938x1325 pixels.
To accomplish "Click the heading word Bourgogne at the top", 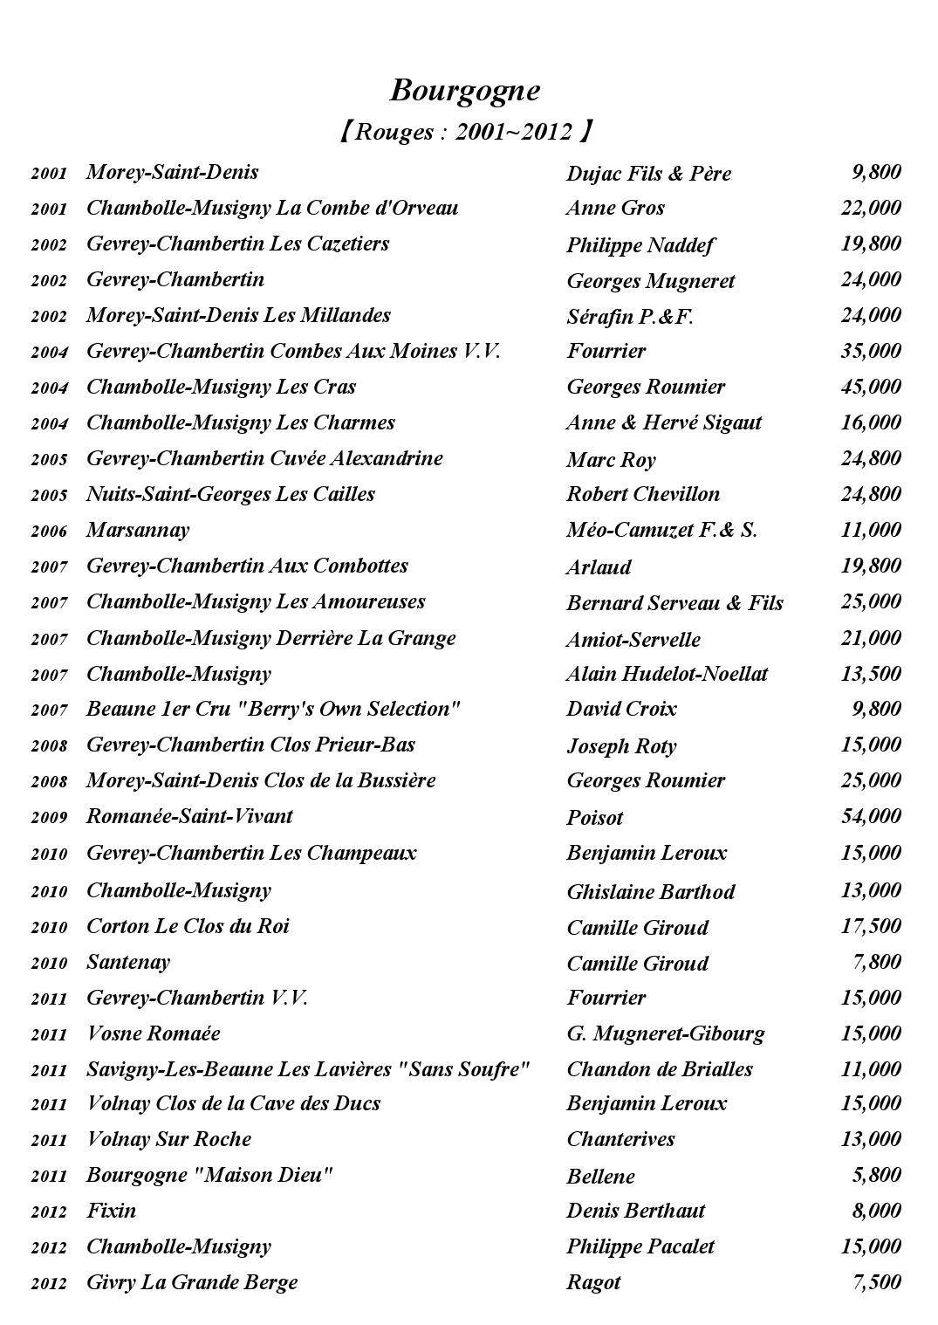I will tap(464, 90).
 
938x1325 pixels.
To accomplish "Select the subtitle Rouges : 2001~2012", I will tap(464, 132).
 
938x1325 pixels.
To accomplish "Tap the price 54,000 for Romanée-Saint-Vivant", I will tap(870, 816).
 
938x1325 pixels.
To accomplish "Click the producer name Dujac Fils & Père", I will tap(648, 173).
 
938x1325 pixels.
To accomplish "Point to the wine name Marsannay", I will tap(137, 530).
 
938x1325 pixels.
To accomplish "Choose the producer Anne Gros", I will tap(615, 208).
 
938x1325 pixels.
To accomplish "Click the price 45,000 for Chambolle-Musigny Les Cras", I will tap(870, 387).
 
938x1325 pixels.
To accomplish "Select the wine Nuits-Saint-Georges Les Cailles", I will tap(230, 494).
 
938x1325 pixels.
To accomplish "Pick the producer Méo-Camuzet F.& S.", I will tap(661, 530).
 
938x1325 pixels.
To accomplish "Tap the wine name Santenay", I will tap(127, 962).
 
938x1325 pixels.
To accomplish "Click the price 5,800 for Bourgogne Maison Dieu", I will tap(875, 1175).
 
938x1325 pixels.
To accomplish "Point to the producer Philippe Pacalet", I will tap(640, 1246).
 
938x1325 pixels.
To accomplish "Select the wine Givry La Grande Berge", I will tap(192, 1282).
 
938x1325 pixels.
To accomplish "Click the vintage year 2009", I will tap(49, 818).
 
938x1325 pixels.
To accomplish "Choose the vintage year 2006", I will tap(49, 532).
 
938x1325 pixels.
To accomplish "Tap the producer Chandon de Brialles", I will tap(659, 1069).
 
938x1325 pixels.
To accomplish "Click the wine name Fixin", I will tap(111, 1211).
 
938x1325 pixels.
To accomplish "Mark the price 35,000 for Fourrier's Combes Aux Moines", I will tap(870, 351).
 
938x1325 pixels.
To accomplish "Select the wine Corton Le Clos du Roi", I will tap(188, 926).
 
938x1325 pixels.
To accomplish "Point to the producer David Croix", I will tap(621, 709).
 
